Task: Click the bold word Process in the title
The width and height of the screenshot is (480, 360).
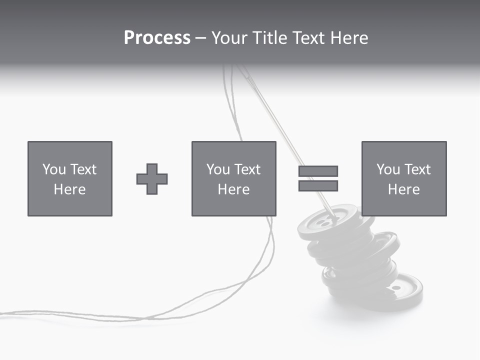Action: point(157,38)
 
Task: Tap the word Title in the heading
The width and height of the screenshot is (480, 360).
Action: point(270,38)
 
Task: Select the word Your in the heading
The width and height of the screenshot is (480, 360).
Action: point(229,38)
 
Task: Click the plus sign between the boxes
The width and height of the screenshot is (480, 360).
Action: point(152,179)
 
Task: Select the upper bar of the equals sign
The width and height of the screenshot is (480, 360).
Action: point(318,171)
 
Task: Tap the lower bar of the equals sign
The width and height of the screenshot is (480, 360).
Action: point(318,185)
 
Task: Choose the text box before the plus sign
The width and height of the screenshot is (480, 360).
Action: point(70,179)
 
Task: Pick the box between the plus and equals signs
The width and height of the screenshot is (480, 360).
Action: point(233,179)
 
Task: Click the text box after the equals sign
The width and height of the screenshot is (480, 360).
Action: point(403,179)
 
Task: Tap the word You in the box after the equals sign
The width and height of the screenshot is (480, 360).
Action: point(388,169)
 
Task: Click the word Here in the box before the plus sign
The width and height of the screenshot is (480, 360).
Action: point(70,189)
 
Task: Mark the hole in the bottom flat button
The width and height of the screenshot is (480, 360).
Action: point(395,288)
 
